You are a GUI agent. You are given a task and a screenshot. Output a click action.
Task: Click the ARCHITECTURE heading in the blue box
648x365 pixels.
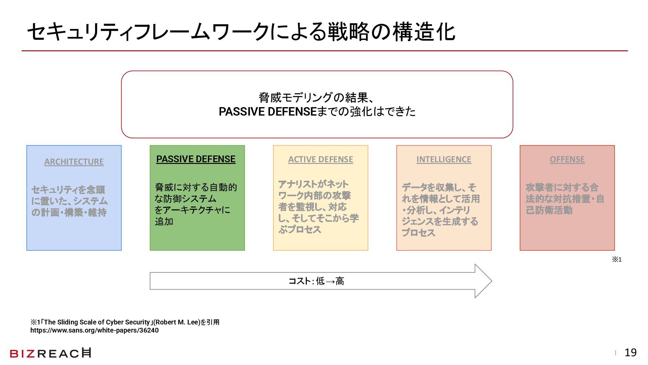pyautogui.click(x=74, y=162)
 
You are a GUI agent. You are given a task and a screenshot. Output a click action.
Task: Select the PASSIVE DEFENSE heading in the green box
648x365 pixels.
pyautogui.click(x=196, y=159)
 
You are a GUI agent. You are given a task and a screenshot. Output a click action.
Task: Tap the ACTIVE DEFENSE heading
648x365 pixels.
pyautogui.click(x=321, y=160)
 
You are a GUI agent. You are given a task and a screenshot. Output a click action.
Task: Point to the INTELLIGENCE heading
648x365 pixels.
pyautogui.click(x=443, y=160)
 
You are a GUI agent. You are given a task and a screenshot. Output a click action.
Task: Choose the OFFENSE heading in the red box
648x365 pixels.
pyautogui.click(x=567, y=160)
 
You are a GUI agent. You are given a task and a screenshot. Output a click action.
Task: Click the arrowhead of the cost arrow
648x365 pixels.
pyautogui.click(x=483, y=281)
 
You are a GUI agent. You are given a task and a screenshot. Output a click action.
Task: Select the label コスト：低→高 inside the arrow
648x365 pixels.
pyautogui.click(x=316, y=281)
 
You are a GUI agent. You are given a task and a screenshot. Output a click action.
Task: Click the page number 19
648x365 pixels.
pyautogui.click(x=630, y=352)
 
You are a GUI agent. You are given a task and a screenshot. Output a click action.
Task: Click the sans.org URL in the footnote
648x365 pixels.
pyautogui.click(x=94, y=331)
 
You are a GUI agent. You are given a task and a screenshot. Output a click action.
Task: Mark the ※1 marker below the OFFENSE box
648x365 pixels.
pyautogui.click(x=617, y=260)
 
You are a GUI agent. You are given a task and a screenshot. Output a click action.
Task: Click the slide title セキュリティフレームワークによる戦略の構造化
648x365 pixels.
pyautogui.click(x=241, y=32)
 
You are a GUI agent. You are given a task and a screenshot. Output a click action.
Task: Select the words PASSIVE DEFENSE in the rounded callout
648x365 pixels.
pyautogui.click(x=268, y=112)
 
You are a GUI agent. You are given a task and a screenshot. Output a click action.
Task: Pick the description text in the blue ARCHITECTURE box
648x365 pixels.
pyautogui.click(x=70, y=201)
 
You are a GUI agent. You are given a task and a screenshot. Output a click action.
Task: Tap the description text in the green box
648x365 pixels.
pyautogui.click(x=196, y=204)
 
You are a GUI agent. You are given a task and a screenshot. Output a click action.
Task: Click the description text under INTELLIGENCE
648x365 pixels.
pyautogui.click(x=441, y=210)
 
